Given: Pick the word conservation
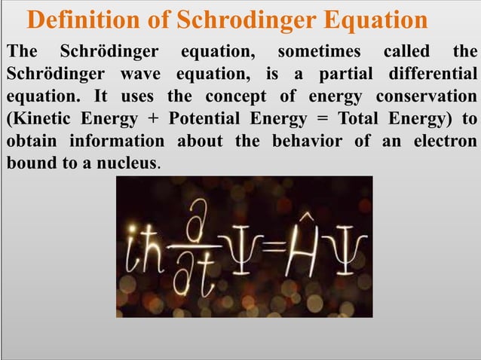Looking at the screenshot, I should coord(426,98).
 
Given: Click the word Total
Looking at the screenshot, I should coord(363,120).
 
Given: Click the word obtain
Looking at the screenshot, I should coord(31,142).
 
